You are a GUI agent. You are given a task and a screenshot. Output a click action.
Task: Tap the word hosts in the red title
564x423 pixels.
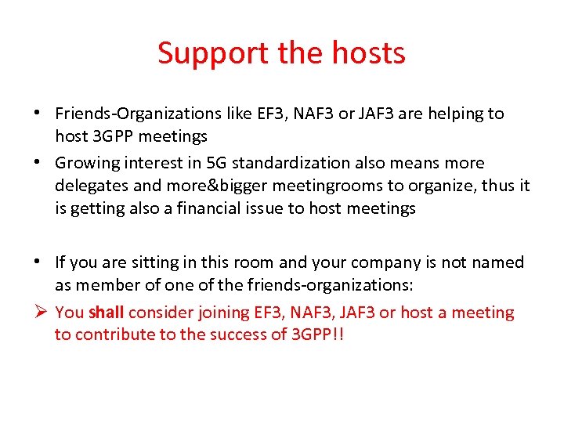[367, 53]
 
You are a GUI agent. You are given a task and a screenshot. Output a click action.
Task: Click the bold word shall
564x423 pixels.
[107, 313]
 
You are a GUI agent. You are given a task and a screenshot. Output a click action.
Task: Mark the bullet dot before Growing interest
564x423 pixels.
[38, 163]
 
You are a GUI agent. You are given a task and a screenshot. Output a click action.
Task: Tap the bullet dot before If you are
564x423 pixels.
[38, 262]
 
